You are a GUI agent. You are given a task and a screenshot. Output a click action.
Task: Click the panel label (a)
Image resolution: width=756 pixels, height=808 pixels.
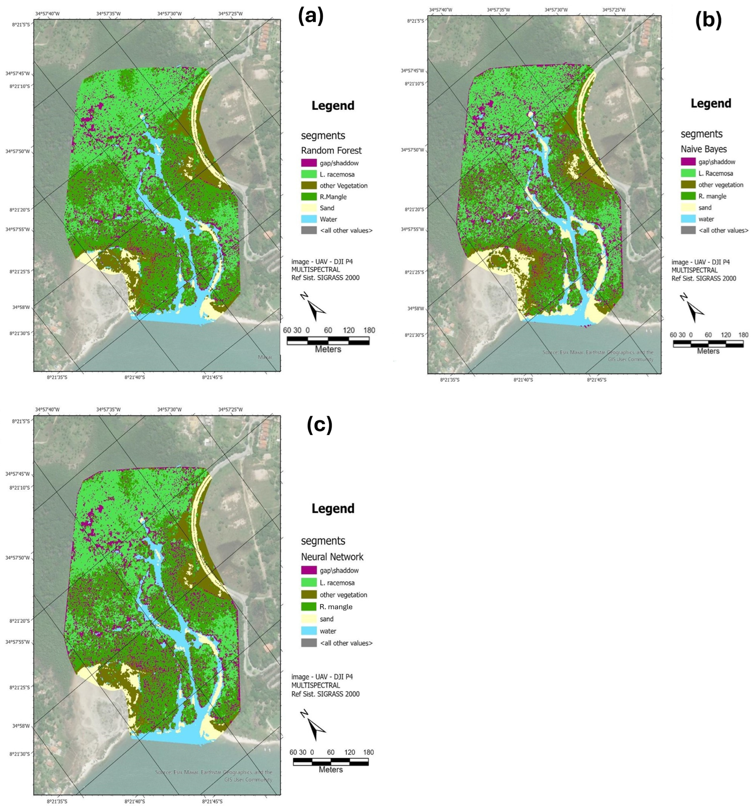311,17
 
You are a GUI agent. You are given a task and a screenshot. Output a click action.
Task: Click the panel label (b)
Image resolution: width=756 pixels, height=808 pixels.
709,21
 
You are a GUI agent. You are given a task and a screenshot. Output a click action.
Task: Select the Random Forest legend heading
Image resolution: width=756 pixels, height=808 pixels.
331,150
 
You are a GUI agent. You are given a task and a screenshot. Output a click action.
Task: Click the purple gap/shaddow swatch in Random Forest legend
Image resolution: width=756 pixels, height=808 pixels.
308,163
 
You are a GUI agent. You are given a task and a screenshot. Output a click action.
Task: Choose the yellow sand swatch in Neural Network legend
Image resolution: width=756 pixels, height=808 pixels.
308,619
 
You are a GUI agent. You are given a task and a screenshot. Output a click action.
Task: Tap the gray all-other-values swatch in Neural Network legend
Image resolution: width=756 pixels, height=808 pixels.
308,643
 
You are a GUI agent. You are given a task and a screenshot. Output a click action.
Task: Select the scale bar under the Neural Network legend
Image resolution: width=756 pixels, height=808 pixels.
331,761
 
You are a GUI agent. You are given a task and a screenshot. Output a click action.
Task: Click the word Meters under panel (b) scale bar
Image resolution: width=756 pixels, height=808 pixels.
708,351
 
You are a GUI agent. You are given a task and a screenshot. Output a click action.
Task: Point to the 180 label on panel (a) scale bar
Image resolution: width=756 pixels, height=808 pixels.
369,330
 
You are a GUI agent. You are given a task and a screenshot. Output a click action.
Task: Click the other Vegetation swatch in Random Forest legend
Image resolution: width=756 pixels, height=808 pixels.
308,186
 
